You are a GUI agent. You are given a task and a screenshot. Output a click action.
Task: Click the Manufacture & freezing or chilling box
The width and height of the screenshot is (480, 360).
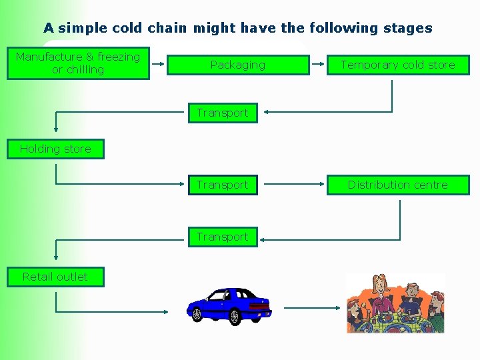[78, 63]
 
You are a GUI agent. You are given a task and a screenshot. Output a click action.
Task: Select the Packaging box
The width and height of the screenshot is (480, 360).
[238, 65]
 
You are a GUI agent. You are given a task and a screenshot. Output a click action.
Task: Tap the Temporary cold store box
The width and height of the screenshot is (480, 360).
[398, 65]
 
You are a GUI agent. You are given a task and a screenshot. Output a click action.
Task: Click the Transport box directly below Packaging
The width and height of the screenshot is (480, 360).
[222, 113]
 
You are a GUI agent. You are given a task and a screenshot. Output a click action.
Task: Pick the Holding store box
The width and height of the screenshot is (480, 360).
[55, 149]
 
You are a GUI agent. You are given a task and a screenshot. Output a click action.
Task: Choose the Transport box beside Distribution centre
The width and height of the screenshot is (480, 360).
[222, 185]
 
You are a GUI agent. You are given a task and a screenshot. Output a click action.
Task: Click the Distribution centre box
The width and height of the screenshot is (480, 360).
[398, 185]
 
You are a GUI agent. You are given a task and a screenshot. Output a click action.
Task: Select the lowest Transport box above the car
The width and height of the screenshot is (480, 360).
[222, 237]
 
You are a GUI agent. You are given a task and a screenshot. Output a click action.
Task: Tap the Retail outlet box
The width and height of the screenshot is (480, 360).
[55, 277]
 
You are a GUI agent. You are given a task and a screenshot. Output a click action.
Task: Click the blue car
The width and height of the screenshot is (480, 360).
[230, 306]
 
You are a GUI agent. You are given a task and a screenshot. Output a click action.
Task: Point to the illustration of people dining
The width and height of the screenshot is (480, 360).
[395, 303]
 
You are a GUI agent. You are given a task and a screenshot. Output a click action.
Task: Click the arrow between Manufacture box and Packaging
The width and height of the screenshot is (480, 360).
[158, 65]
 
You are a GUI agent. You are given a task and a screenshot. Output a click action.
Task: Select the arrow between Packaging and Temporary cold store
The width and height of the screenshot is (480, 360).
[318, 65]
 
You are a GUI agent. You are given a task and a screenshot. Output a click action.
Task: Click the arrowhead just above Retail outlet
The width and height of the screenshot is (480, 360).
[55, 256]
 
